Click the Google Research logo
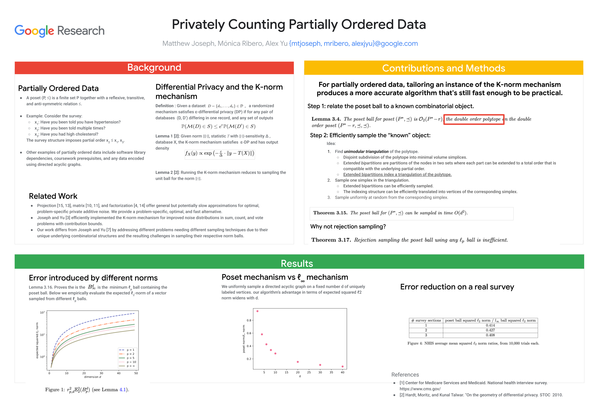click(x=59, y=31)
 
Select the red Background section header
click(x=154, y=68)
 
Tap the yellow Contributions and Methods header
click(x=443, y=68)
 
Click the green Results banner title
click(x=297, y=263)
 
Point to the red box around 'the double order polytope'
click(x=473, y=119)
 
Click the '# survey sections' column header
click(x=426, y=320)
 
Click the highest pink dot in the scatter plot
click(x=257, y=311)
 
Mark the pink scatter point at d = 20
click(x=298, y=362)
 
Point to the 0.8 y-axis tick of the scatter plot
click(x=249, y=320)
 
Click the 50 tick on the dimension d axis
click(x=136, y=373)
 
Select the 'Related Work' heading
click(x=53, y=196)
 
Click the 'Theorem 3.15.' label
click(x=330, y=213)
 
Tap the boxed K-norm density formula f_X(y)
click(x=220, y=154)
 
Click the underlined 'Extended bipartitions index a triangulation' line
click(x=397, y=175)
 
